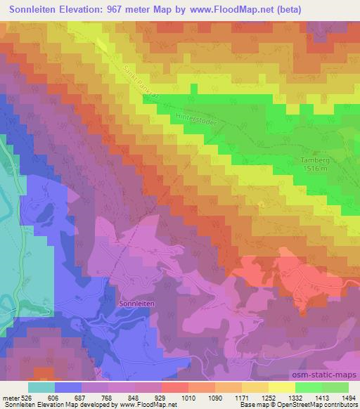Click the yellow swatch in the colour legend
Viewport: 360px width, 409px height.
[x=281, y=387]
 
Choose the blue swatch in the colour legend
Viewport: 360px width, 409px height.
[x=69, y=387]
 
